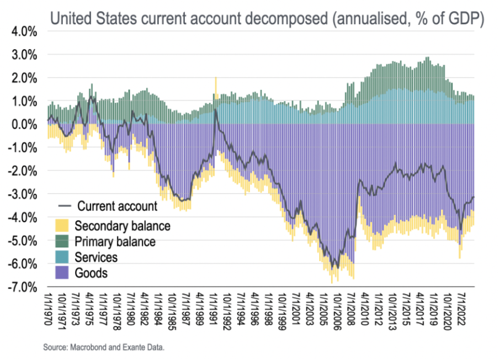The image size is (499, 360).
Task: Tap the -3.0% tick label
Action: point(23,194)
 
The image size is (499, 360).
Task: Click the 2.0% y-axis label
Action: point(24,78)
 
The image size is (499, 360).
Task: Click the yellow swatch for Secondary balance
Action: point(62,225)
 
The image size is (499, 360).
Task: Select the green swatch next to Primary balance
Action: point(62,241)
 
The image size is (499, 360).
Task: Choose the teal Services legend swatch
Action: point(62,257)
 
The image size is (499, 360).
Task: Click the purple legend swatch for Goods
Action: point(62,273)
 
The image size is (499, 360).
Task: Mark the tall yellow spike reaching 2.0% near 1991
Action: point(216,86)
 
